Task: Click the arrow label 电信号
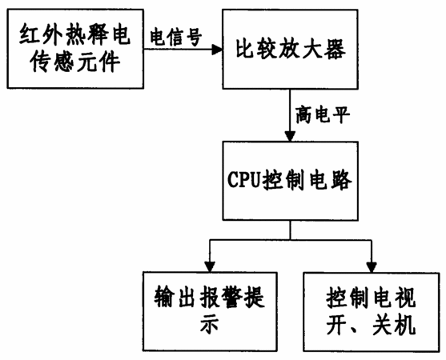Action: (176, 37)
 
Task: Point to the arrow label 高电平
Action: (323, 114)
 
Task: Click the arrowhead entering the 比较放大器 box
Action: (217, 50)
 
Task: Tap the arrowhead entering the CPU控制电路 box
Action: (290, 136)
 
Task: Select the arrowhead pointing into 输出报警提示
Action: (210, 267)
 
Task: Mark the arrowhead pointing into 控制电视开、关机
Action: (372, 267)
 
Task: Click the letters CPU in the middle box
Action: (244, 180)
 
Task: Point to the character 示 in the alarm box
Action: (209, 324)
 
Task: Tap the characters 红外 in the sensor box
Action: (41, 35)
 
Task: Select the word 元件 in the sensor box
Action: (98, 62)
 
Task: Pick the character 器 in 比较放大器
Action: (336, 49)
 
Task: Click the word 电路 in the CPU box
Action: (331, 180)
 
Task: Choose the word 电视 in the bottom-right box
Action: (394, 298)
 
